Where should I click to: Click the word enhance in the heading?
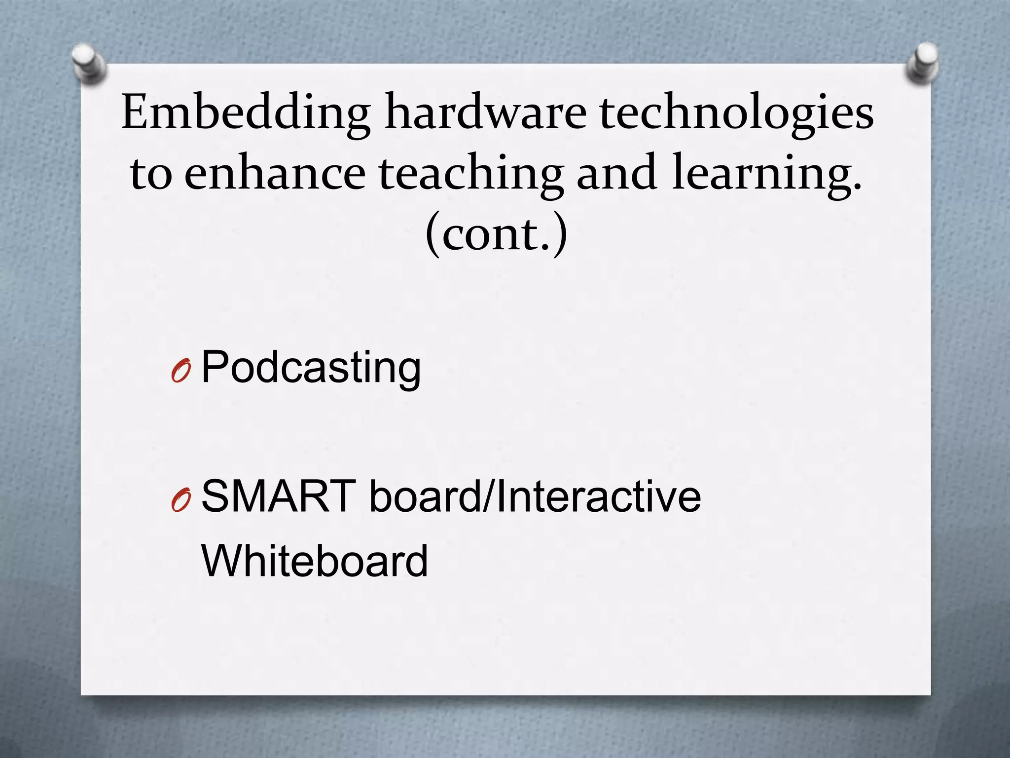point(275,173)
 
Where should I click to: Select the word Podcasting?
point(311,368)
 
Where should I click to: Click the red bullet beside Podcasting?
point(181,372)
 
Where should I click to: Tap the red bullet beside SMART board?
point(181,500)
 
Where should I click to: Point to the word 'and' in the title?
point(616,173)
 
